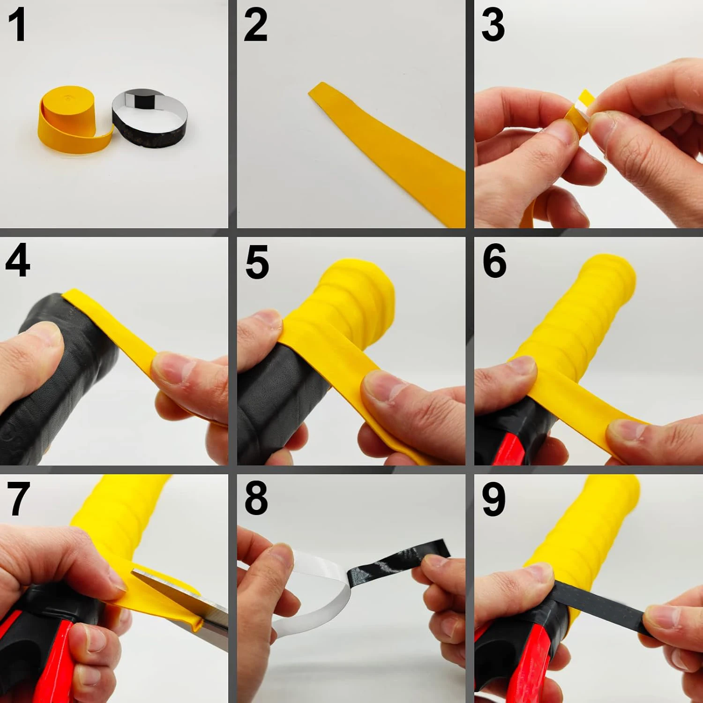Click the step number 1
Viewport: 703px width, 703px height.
(17, 25)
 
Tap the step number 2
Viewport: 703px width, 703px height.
(255, 25)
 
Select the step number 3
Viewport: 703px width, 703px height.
(493, 25)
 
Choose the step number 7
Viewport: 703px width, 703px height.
(19, 499)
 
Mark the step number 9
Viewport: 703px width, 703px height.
(494, 499)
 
